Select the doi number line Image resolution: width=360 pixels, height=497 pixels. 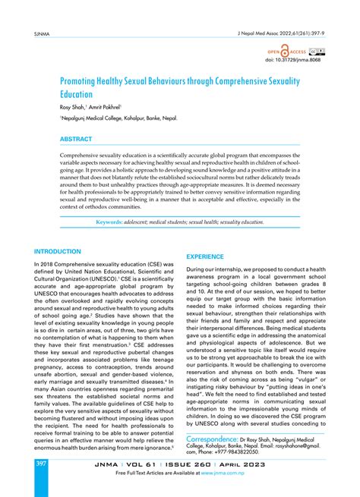(x=302, y=61)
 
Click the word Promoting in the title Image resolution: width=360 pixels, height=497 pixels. (x=86, y=80)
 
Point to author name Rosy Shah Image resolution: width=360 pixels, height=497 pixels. (x=76, y=108)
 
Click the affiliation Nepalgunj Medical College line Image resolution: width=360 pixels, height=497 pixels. (x=106, y=119)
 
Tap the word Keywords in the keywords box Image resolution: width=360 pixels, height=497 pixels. (x=110, y=222)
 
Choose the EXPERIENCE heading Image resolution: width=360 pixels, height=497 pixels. (x=211, y=257)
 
